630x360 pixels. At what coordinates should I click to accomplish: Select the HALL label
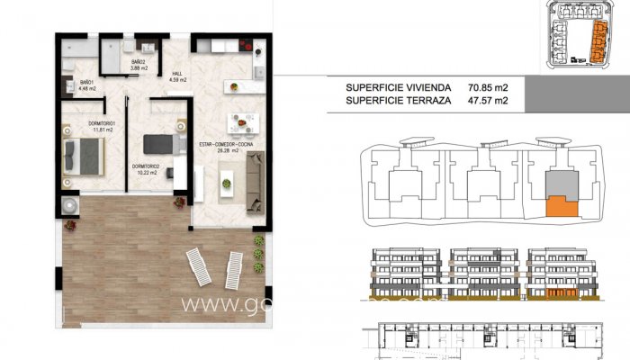pyautogui.click(x=177, y=77)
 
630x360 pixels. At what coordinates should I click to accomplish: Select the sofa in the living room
pyautogui.click(x=255, y=176)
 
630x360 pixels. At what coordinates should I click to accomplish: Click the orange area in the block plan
pyautogui.click(x=562, y=205)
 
